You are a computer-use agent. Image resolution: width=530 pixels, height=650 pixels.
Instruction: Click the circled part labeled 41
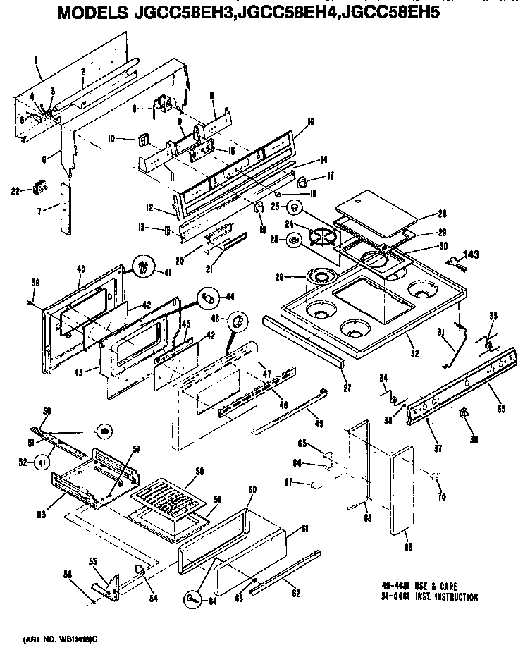144,266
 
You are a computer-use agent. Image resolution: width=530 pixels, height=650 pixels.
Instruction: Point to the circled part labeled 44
208,298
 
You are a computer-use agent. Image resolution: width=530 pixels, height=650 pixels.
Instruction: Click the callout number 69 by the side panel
408,545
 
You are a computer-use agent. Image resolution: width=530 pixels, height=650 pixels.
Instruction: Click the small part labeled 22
39,188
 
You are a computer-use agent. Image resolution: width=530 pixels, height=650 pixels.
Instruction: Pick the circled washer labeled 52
42,462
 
